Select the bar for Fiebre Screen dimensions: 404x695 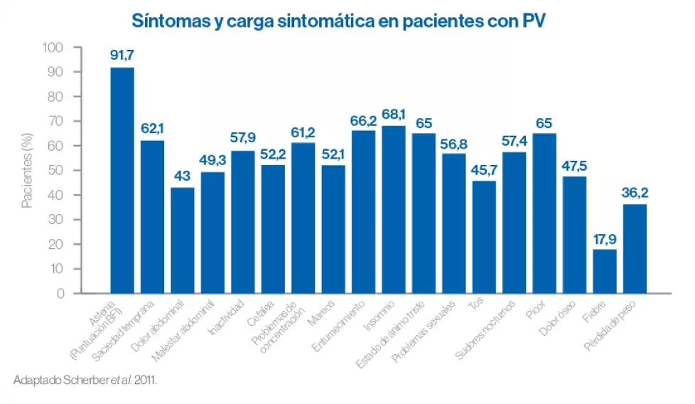click(605, 271)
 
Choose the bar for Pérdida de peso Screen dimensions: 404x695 click(635, 248)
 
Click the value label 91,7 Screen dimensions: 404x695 click(122, 55)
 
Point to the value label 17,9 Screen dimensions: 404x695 click(605, 238)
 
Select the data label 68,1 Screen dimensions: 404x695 click(394, 114)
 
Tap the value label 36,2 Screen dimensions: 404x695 click(635, 192)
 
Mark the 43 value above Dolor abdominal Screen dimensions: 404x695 click(182, 176)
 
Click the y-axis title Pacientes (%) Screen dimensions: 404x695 click(27, 171)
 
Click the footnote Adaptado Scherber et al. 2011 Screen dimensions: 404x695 click(85, 380)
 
